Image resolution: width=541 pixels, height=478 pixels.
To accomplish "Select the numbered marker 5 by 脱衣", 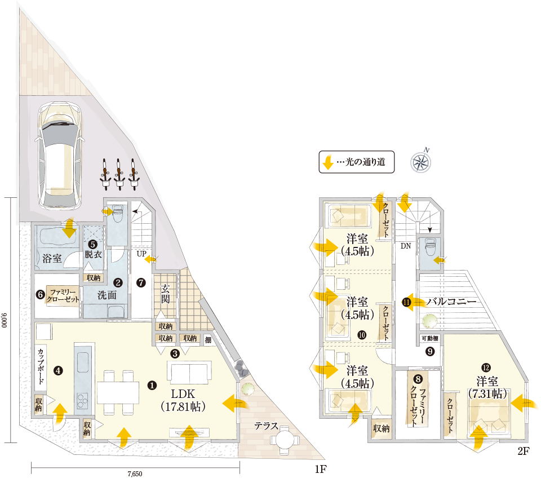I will click(92, 245).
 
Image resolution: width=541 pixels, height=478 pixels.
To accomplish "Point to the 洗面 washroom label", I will click(107, 295).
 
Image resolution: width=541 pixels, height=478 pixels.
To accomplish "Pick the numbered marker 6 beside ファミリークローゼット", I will click(40, 294).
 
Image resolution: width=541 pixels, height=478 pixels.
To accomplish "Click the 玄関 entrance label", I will click(166, 293).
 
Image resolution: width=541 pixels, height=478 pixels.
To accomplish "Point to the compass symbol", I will click(421, 161).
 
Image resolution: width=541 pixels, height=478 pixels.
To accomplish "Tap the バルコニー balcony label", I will click(451, 302).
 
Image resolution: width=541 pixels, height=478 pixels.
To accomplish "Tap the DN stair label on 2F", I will click(406, 246).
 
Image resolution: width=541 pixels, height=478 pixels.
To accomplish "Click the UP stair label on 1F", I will click(141, 254).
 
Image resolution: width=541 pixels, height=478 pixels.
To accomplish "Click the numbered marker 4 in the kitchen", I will click(58, 370).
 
